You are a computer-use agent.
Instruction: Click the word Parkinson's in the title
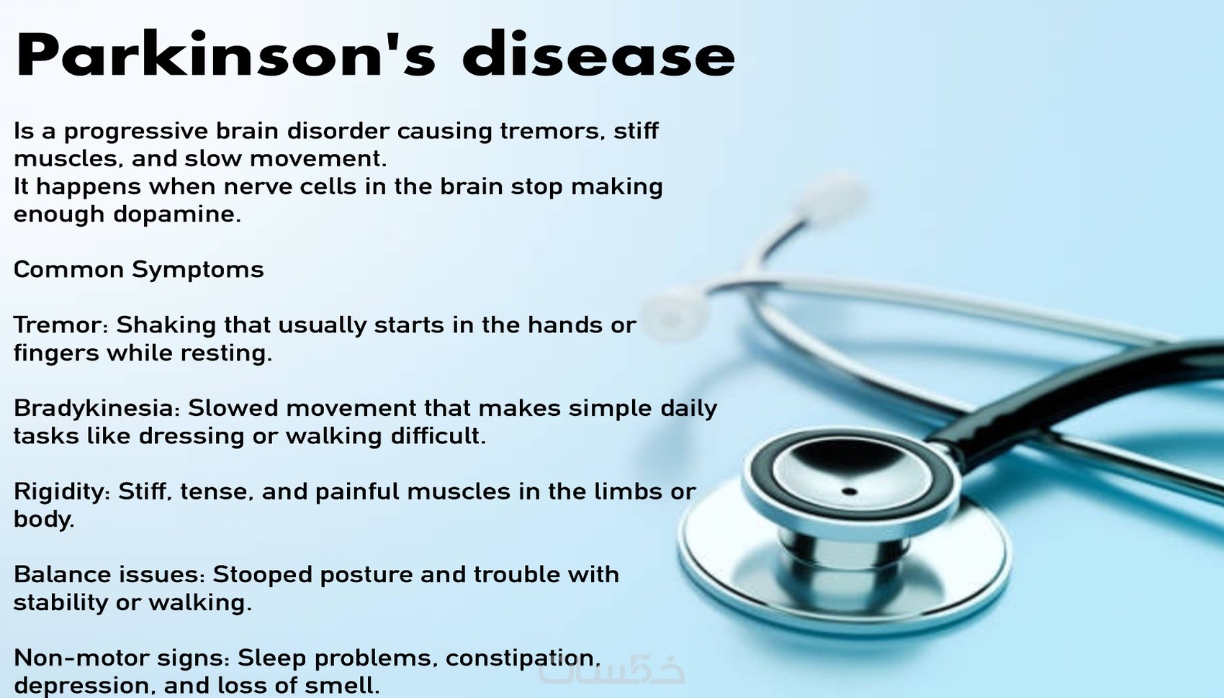226,55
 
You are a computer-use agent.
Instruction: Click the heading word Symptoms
198,270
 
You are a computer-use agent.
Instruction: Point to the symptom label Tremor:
60,325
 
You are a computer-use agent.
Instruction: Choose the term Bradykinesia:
96,409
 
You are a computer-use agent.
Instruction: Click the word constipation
520,659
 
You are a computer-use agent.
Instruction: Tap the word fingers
55,354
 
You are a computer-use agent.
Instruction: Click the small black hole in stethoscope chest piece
849,491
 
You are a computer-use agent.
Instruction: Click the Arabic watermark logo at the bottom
611,670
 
